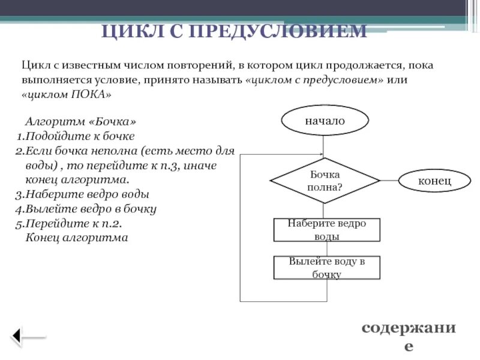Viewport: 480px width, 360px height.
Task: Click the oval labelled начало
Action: [x=325, y=120]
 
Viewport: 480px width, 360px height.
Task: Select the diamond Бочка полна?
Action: [x=325, y=181]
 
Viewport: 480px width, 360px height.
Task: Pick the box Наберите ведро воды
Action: [x=327, y=230]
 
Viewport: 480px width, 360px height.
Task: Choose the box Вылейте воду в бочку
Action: [x=327, y=268]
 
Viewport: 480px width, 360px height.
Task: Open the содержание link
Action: [x=408, y=336]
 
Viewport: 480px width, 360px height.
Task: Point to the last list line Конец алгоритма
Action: [x=77, y=238]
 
